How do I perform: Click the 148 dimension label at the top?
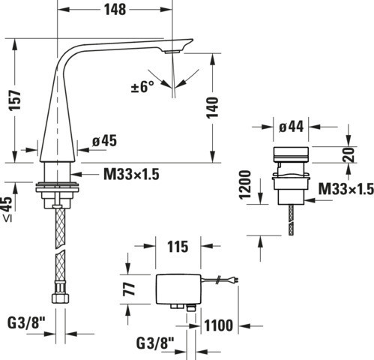coord(115,10)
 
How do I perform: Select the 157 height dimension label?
coord(15,100)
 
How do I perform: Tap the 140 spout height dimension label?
coord(212,108)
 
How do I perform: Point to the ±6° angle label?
coord(142,87)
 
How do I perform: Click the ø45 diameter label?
coord(104,141)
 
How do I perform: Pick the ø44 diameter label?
coord(292,127)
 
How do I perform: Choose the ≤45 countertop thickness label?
coord(7,209)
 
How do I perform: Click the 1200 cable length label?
coord(245,184)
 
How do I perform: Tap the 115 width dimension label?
coord(178,247)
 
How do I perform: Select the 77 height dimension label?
coord(129,289)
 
